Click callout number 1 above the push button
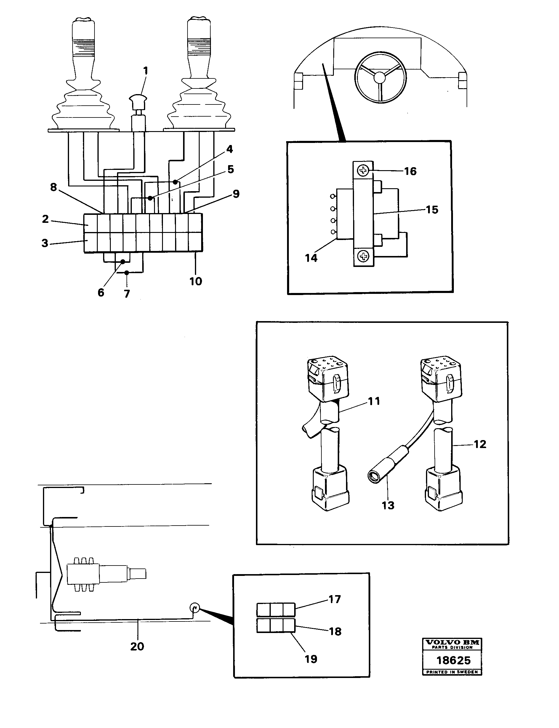click(x=145, y=71)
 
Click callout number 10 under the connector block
click(x=196, y=281)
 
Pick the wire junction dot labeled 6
click(x=123, y=262)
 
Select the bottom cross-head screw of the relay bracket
click(x=363, y=256)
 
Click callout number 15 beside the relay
click(x=432, y=210)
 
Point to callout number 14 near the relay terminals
click(x=311, y=258)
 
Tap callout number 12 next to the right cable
click(x=480, y=444)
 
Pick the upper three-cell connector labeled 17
click(x=276, y=610)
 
